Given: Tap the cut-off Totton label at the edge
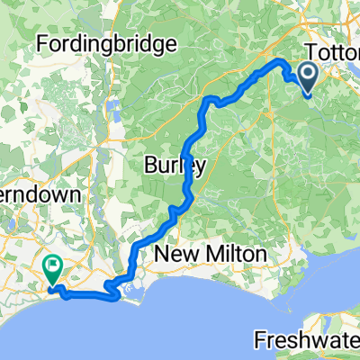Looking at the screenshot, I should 333,52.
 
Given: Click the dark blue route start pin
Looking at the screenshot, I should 307,76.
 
